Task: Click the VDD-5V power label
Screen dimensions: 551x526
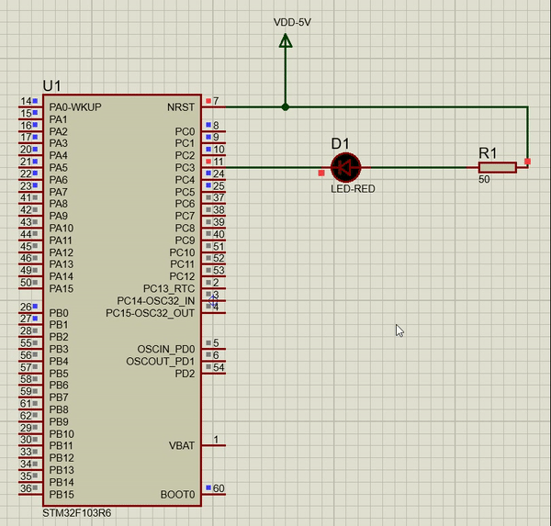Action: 292,22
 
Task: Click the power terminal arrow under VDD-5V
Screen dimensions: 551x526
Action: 286,40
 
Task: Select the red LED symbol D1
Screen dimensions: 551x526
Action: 346,168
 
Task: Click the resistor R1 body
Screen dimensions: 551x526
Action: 497,168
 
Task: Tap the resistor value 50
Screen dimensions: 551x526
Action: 484,180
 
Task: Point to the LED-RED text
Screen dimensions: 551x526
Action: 353,189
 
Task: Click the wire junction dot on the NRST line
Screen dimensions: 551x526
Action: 286,106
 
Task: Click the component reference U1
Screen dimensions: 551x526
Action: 52,85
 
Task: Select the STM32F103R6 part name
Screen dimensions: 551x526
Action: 77,513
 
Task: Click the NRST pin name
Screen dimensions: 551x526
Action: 181,107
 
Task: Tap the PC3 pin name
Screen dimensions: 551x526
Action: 185,168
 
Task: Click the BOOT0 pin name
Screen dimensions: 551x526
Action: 177,495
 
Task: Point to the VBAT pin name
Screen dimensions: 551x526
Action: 182,446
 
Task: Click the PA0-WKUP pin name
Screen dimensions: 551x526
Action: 75,107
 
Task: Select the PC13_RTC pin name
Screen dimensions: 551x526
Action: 169,289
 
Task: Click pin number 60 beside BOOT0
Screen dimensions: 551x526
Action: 219,488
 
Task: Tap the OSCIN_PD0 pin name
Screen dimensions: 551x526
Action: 166,349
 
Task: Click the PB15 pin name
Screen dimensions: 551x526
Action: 62,495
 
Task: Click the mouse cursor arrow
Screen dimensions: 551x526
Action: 399,330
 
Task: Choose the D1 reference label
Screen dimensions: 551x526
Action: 340,144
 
